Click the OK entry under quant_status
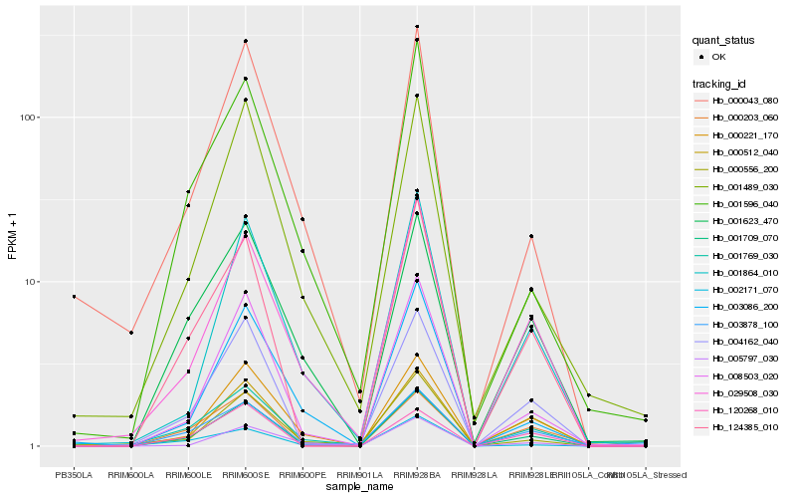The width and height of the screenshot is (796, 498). tap(717, 57)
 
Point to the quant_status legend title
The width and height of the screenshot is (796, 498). tap(723, 41)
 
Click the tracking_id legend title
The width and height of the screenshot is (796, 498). tap(720, 84)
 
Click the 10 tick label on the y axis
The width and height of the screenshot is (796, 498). tap(29, 282)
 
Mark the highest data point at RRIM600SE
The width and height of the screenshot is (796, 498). tap(245, 41)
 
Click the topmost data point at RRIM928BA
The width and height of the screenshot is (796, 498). tap(417, 27)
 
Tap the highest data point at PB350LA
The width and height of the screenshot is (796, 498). tap(74, 297)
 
